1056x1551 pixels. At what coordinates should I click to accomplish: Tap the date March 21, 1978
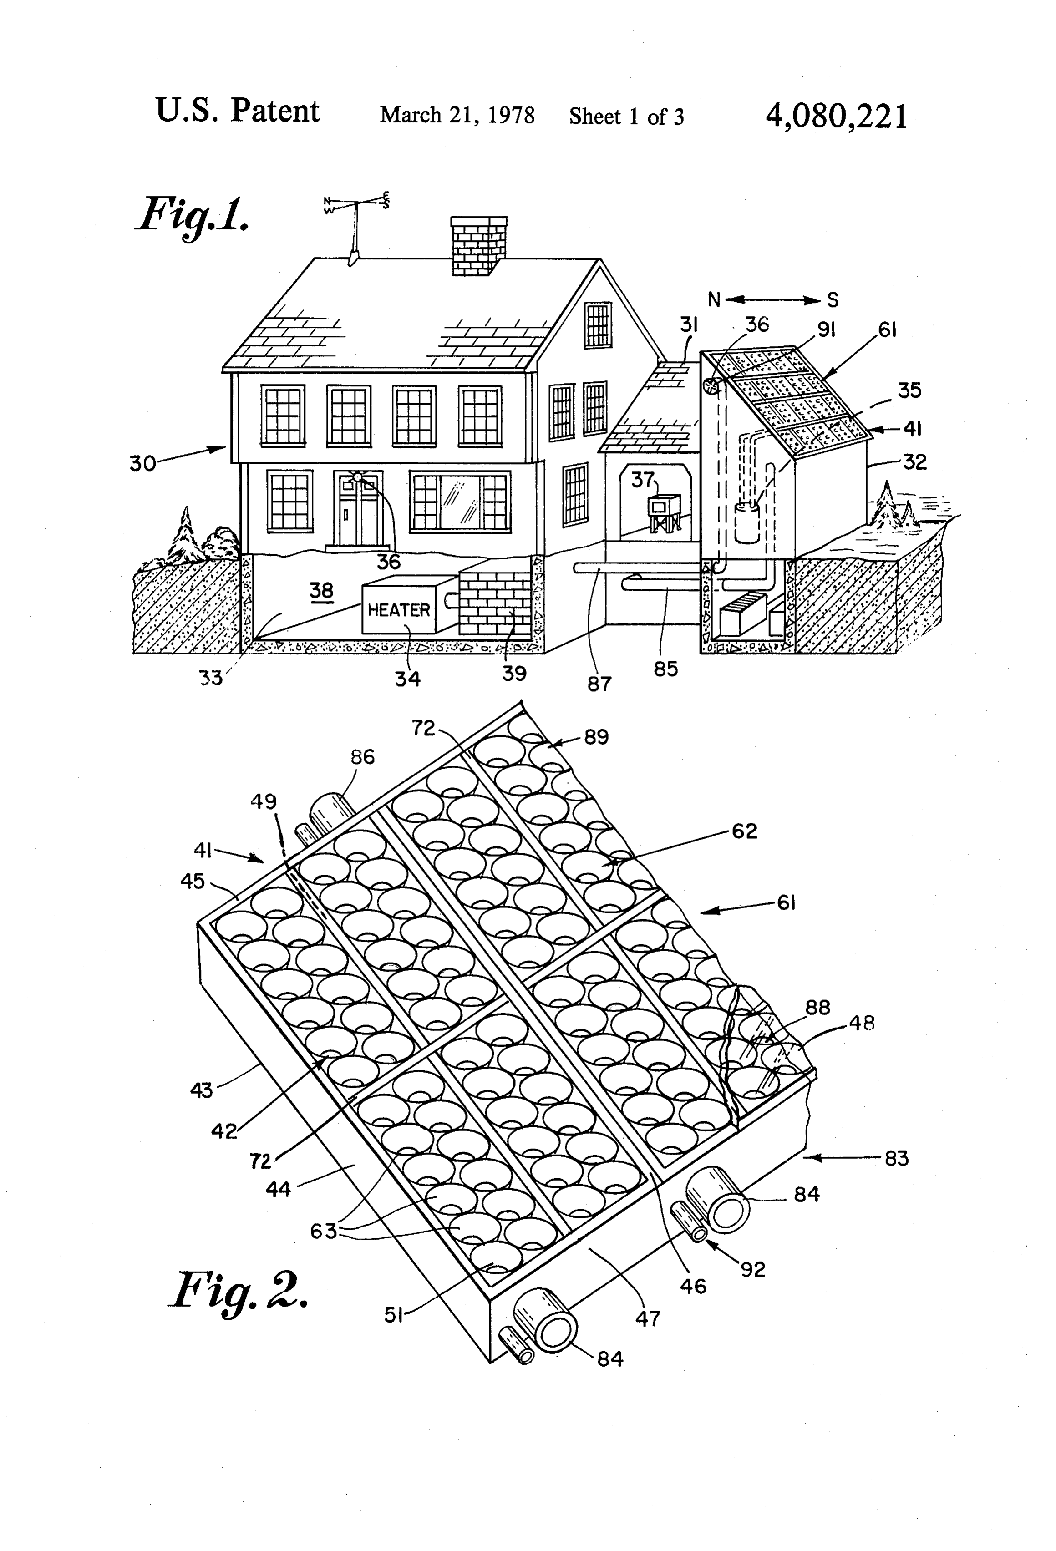[x=457, y=116]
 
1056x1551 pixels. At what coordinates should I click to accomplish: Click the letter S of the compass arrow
[x=833, y=300]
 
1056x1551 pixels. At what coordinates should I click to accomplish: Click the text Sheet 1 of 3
[x=626, y=117]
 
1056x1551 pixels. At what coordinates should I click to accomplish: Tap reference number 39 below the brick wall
[x=514, y=674]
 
